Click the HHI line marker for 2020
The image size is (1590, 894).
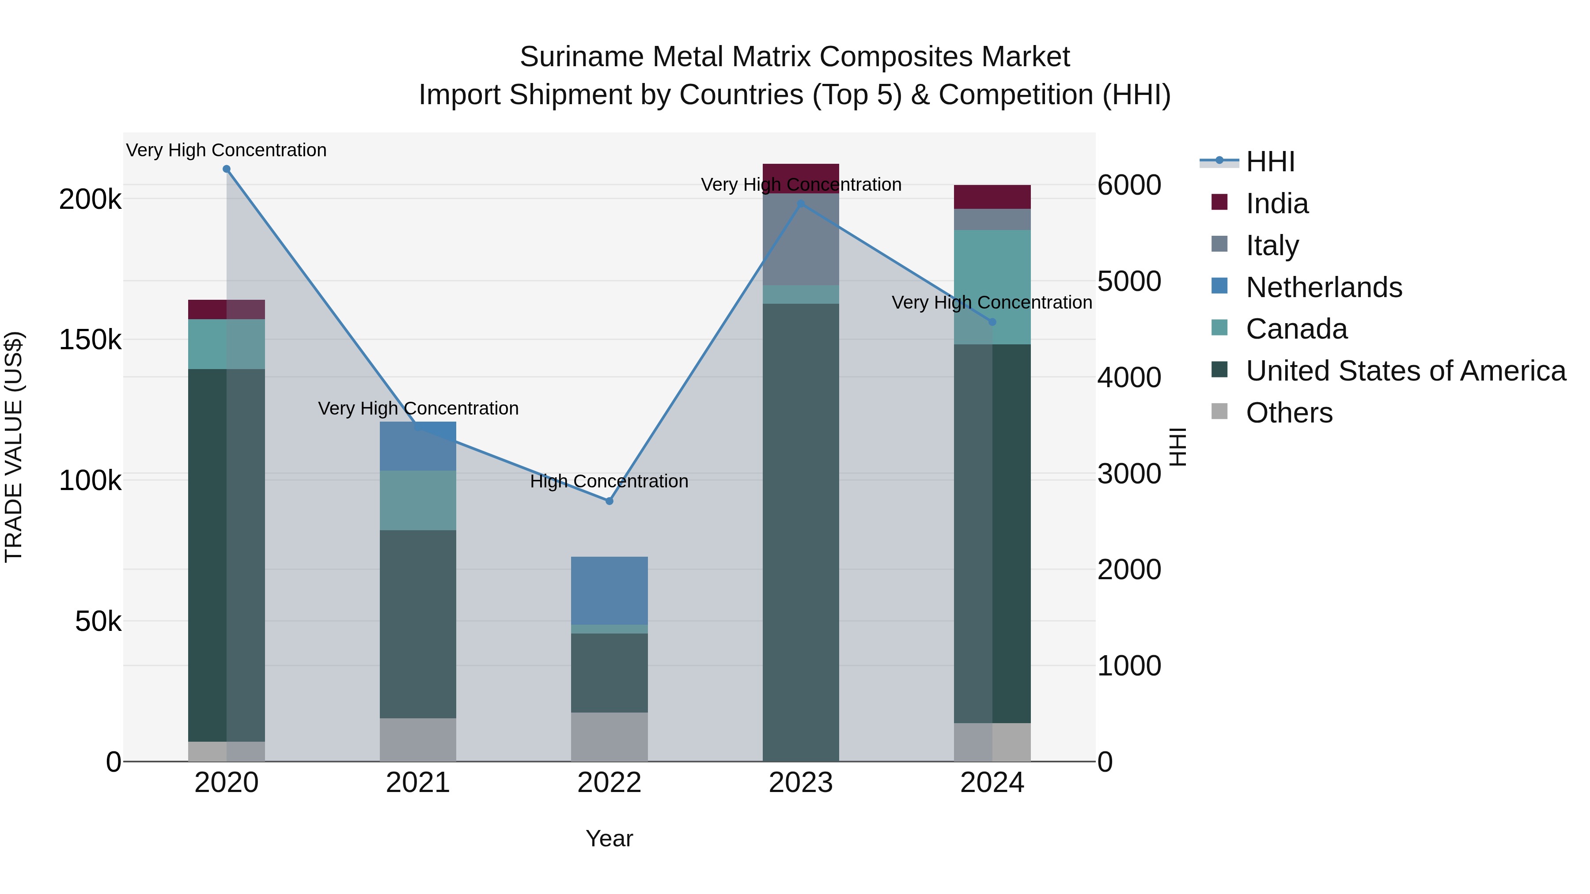point(227,169)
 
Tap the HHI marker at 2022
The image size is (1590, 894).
point(609,501)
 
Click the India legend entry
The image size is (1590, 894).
point(1276,204)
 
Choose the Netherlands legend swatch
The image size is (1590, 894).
point(1219,286)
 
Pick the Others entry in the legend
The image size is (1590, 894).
point(1289,413)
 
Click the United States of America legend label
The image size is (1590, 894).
point(1405,371)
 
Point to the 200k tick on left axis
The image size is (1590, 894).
point(90,199)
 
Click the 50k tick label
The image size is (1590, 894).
point(98,621)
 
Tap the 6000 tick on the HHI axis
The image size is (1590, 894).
point(1129,185)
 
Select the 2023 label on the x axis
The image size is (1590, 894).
point(801,783)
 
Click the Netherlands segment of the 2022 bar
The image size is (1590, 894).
point(609,590)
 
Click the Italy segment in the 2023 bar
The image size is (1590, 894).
point(801,241)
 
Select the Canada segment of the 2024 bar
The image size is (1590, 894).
point(992,287)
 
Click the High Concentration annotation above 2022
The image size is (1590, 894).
point(609,481)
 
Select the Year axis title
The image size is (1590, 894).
point(609,838)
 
